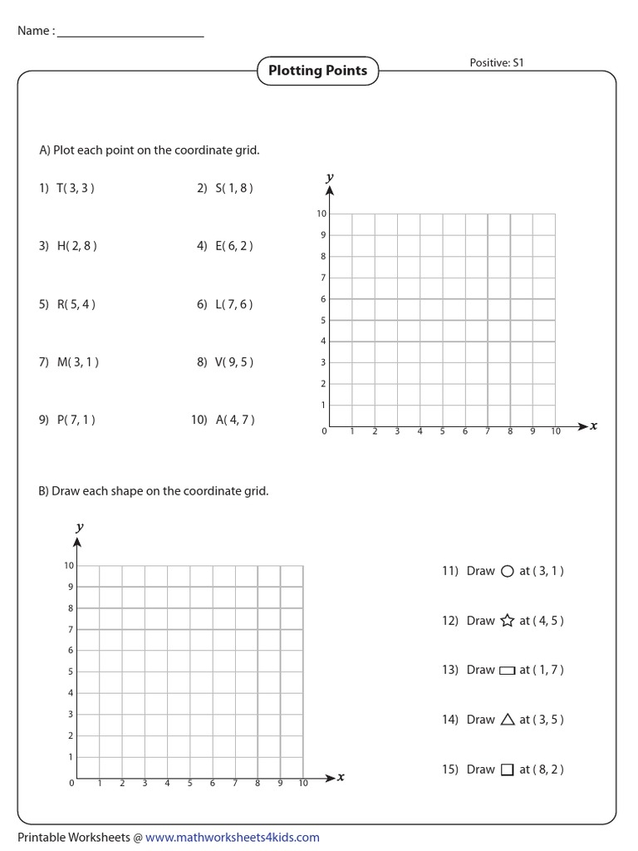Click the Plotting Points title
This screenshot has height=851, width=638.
pos(317,71)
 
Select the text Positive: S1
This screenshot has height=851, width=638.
pos(497,63)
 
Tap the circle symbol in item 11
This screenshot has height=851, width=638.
pos(508,571)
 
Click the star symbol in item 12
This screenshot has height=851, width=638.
pos(508,620)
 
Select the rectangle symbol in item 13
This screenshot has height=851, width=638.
pos(508,671)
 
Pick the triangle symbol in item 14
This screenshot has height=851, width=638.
pos(508,720)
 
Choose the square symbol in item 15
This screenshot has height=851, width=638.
pos(508,770)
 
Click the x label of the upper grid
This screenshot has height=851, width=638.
pos(593,425)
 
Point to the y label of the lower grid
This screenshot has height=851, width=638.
pos(79,527)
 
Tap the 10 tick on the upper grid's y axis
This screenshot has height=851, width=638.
pos(321,214)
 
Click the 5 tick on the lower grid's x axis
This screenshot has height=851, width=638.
pos(190,783)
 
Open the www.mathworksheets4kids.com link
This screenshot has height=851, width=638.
pos(233,838)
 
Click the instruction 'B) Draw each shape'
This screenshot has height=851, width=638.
pos(154,491)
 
